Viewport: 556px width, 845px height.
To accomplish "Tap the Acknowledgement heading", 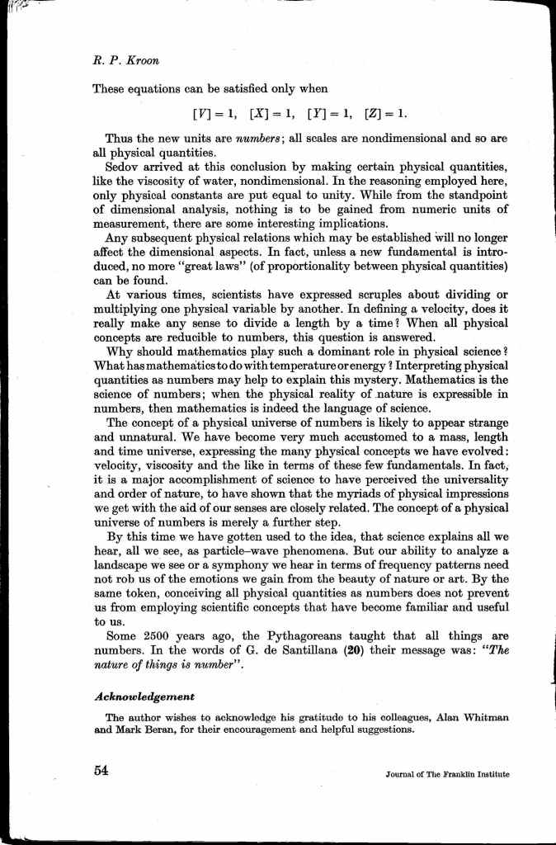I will pos(148,696).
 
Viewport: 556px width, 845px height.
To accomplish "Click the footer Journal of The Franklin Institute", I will pos(446,776).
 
